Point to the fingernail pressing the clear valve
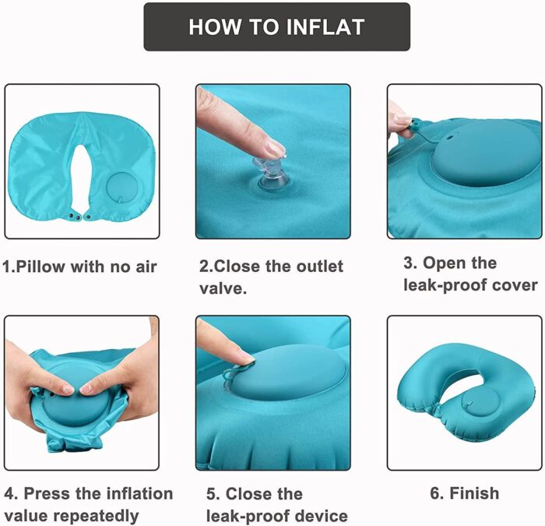276,149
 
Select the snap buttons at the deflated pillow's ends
79,217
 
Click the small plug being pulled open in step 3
417,124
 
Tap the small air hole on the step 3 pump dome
450,136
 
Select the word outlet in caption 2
319,267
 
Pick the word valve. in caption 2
223,288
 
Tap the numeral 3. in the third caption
410,263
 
